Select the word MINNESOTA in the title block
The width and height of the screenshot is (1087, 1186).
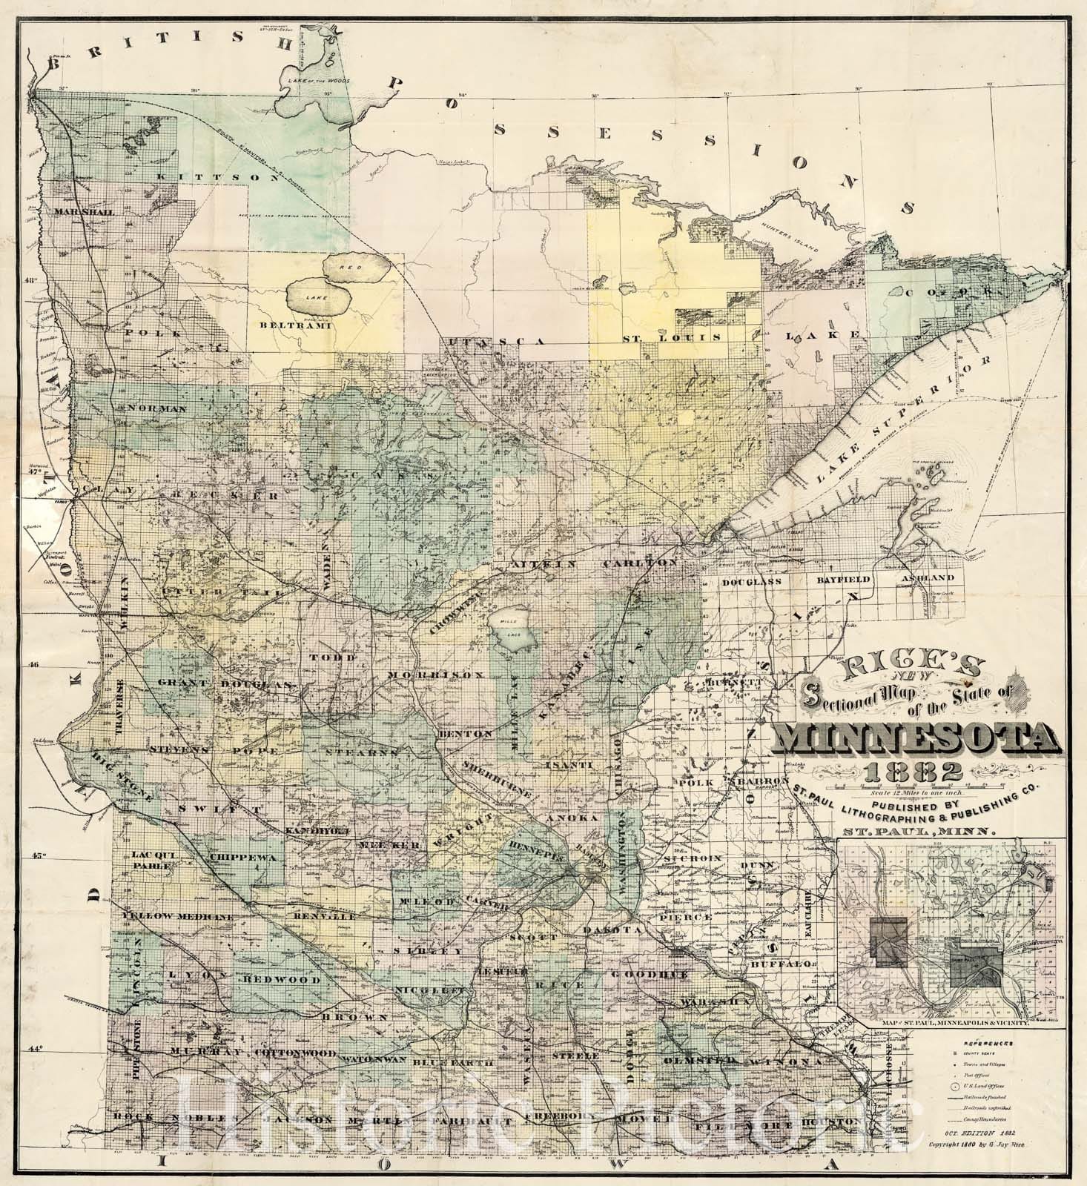point(913,738)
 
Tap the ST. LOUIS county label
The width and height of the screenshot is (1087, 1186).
point(671,337)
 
